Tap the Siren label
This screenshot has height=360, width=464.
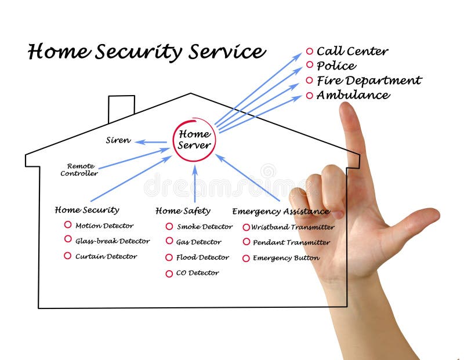coord(118,140)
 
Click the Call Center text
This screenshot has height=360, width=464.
coord(352,51)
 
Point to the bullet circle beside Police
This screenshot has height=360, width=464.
coord(309,66)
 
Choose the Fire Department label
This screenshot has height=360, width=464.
coord(369,81)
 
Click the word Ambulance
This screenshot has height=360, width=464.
coord(353,95)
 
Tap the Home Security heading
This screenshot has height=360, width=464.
coord(87,210)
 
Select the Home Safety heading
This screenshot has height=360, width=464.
coord(183,210)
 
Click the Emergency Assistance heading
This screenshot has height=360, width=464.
coord(281,211)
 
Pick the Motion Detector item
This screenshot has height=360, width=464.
coord(104,226)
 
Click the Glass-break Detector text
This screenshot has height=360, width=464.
coord(112,241)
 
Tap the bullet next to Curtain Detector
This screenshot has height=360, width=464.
coord(68,256)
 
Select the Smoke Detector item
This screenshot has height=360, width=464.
coord(204,227)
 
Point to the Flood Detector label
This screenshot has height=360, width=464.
coord(203,257)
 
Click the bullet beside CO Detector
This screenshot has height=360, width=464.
coord(169,274)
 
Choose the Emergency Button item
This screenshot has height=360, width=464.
coord(285,258)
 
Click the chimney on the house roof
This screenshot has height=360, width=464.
coord(121,108)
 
